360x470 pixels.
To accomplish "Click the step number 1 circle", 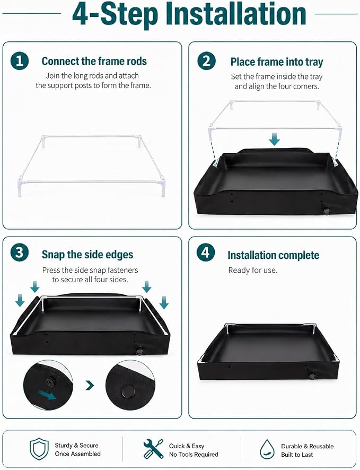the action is click(20, 61).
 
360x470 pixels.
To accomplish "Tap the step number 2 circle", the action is click(206, 61).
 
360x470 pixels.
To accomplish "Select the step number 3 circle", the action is click(20, 253).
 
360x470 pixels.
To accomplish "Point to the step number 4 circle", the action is click(206, 253).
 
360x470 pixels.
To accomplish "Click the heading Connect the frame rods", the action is click(94, 61).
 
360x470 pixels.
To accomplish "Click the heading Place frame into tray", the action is click(277, 62).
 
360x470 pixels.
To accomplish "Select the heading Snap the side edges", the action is click(87, 255).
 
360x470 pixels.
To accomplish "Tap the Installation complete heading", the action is click(273, 255).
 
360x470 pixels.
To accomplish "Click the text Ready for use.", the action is click(253, 270).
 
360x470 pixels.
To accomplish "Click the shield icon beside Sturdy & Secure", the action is click(39, 449).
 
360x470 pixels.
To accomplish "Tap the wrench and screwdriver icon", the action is click(153, 449).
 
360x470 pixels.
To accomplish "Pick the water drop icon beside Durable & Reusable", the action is click(267, 449).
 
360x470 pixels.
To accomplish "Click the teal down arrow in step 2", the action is click(274, 139).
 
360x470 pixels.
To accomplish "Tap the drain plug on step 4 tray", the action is click(312, 375).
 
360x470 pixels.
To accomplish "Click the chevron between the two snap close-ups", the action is click(90, 385).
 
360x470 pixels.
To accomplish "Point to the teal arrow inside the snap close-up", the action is click(47, 394).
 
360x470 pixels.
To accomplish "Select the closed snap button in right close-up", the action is click(128, 391).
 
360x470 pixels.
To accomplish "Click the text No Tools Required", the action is click(194, 455).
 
